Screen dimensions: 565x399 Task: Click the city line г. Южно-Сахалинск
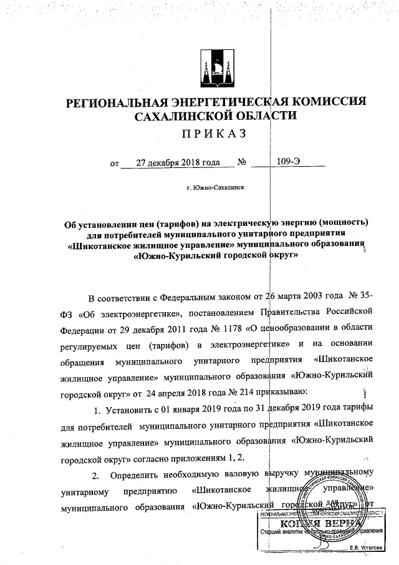pos(214,187)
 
